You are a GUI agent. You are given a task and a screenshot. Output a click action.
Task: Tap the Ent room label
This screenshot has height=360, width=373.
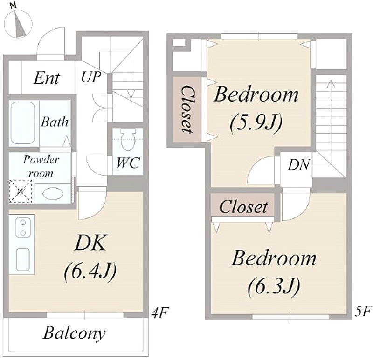tap(46, 78)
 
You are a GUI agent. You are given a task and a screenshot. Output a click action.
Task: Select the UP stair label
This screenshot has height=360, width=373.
tap(91, 76)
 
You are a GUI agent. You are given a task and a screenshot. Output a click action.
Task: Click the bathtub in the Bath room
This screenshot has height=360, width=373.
tap(23, 123)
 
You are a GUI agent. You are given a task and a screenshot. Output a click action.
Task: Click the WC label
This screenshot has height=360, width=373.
tap(128, 163)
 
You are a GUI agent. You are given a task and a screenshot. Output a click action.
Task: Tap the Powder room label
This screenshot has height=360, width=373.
tap(41, 166)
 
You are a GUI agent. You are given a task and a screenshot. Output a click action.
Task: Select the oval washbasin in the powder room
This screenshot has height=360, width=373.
tap(53, 193)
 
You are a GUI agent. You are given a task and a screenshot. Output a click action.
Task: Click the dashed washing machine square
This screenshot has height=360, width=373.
tap(21, 191)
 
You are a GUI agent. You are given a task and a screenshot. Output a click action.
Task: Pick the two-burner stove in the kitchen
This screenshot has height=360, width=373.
tap(23, 228)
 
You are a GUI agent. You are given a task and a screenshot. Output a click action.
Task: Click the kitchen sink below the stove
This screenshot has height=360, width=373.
tap(23, 259)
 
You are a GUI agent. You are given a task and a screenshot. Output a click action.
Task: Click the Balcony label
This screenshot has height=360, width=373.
tap(74, 333)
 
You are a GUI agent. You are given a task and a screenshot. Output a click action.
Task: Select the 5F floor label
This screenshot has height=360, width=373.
tap(363, 312)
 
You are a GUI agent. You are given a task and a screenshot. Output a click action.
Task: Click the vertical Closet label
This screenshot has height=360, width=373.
tap(187, 109)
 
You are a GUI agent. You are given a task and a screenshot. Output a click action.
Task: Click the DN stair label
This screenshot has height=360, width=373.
tap(299, 164)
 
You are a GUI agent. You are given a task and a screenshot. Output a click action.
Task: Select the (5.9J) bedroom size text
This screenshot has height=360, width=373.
tap(256, 123)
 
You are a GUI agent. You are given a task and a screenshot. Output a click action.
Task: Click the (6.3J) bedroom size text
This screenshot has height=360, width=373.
tap(274, 286)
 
